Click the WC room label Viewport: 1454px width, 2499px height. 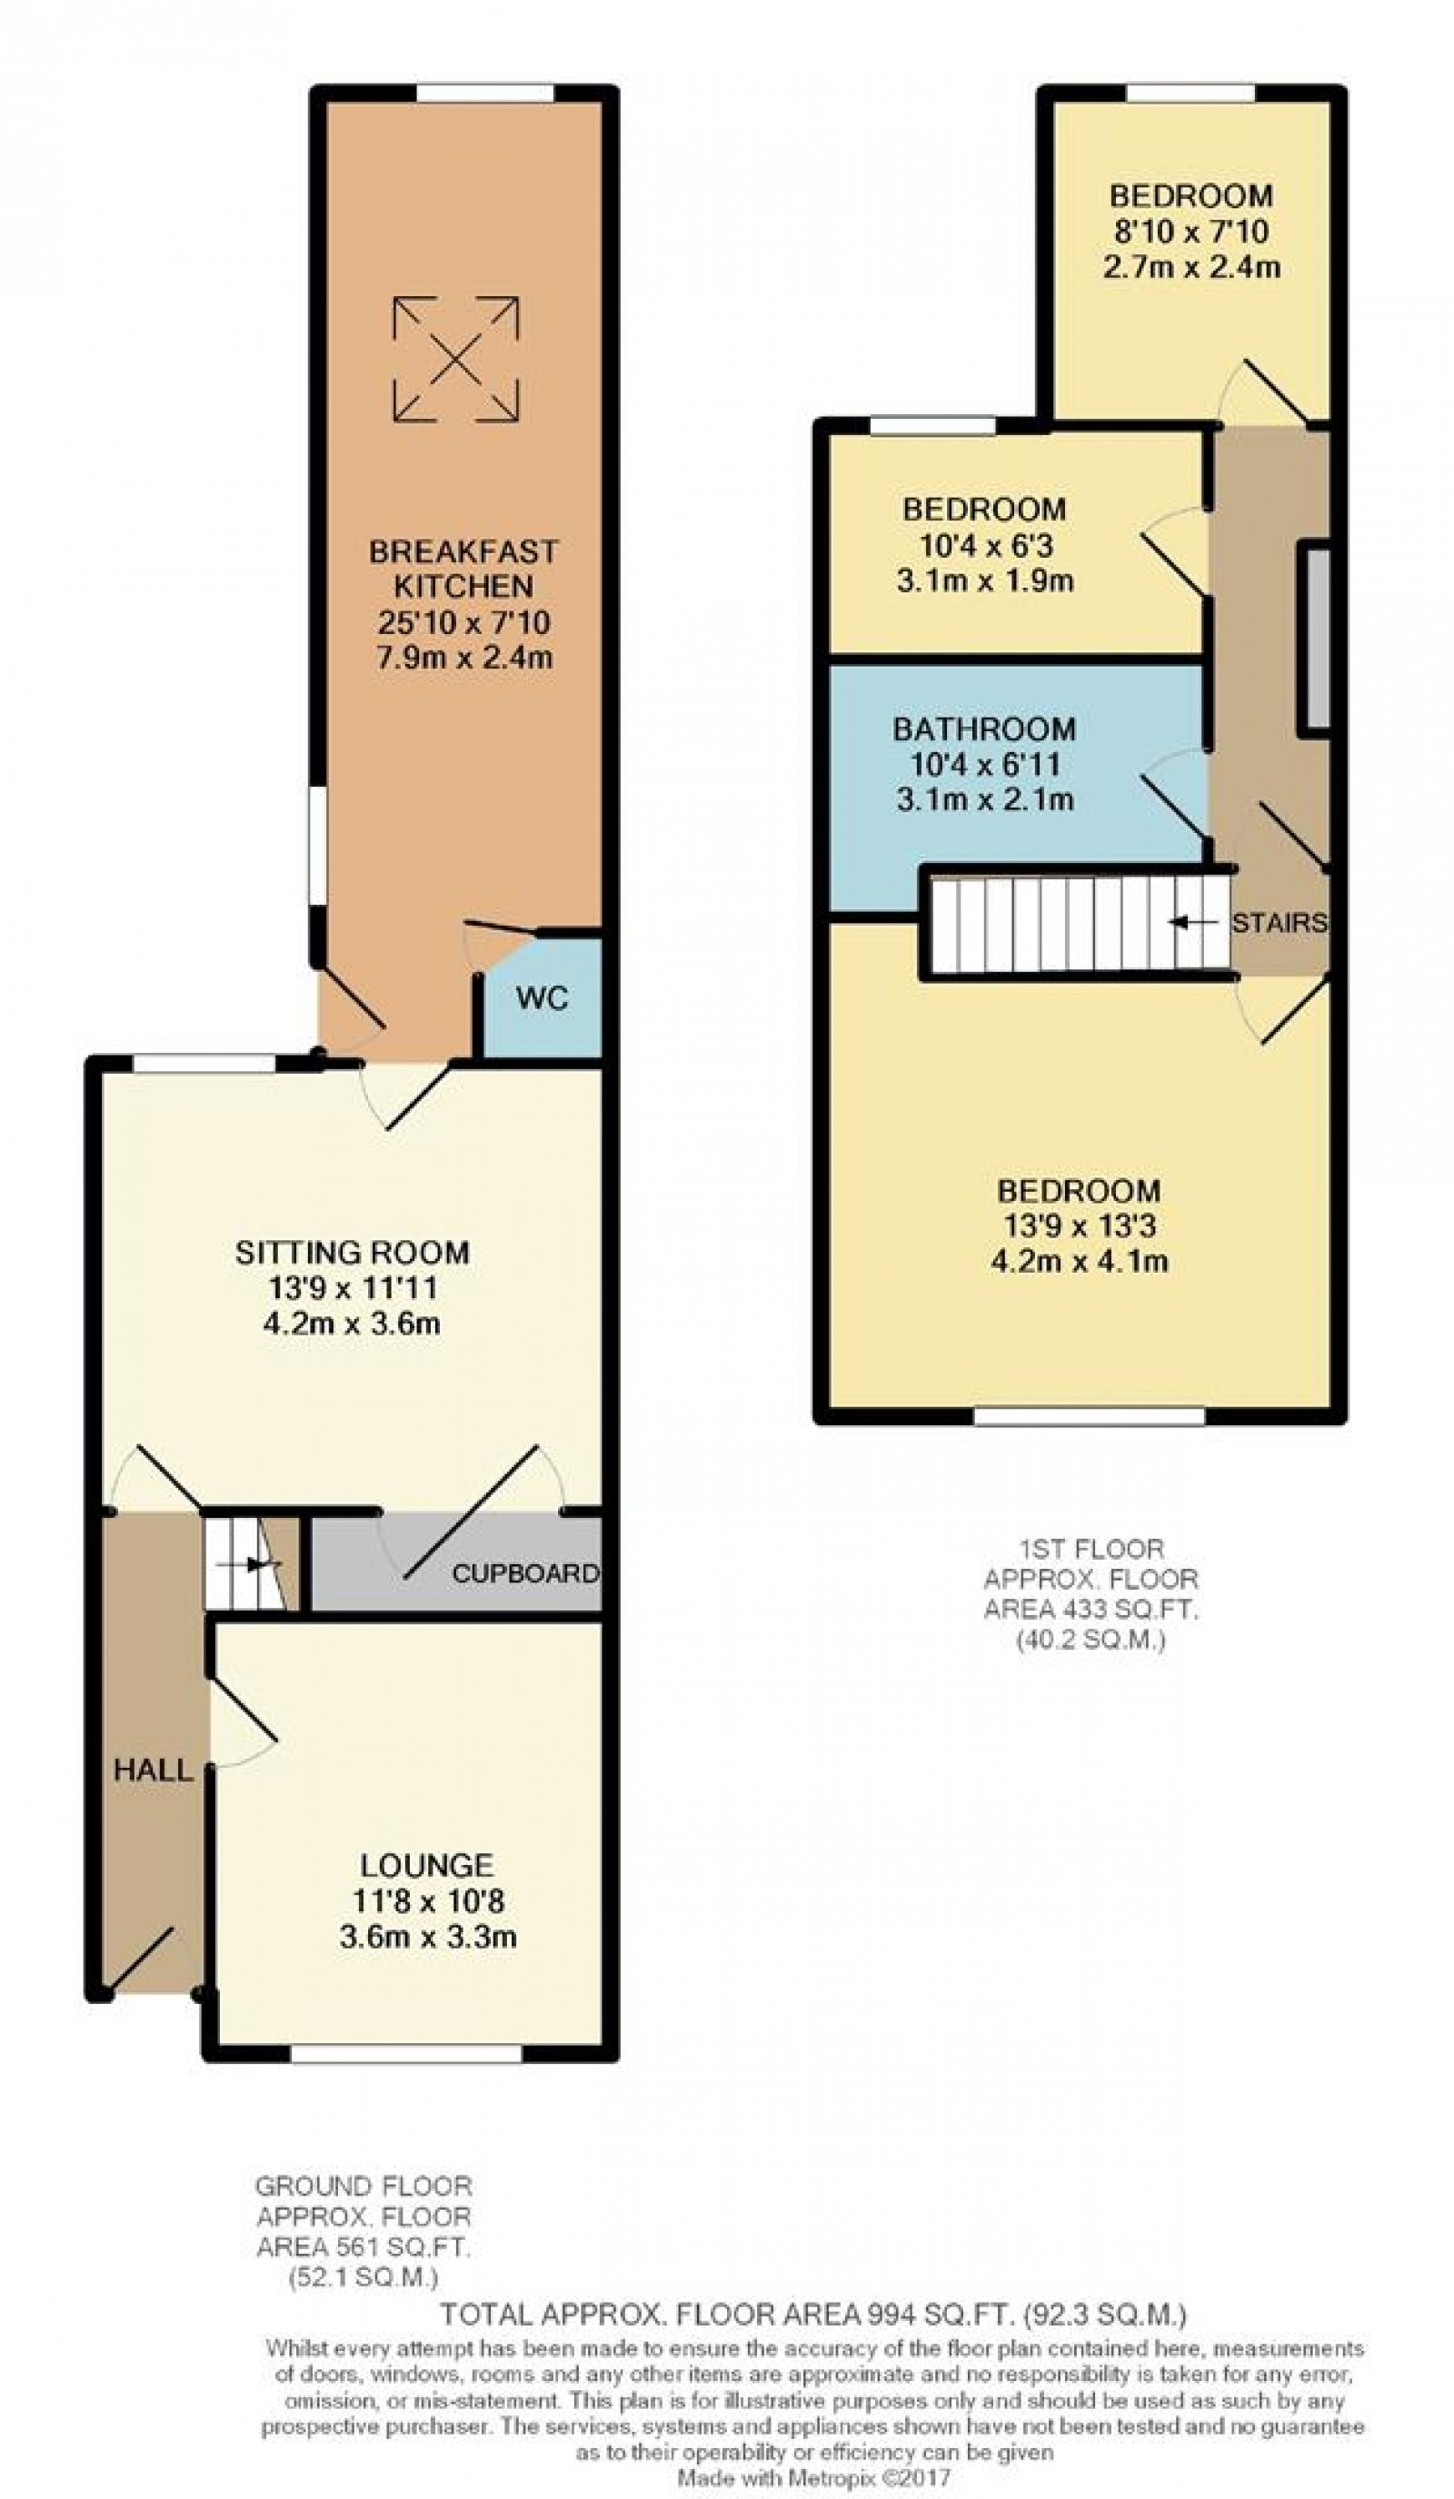tap(542, 997)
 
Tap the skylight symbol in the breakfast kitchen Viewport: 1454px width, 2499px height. tap(455, 358)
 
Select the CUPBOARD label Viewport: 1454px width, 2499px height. tap(524, 1572)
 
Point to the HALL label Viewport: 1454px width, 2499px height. tap(152, 1770)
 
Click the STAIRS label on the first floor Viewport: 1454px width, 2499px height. tap(1278, 922)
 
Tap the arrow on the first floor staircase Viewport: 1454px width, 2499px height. tap(1192, 922)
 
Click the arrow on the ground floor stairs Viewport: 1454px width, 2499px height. tap(257, 1565)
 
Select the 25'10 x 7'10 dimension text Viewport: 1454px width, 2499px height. tap(463, 621)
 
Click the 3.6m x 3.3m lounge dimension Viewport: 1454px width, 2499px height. tap(427, 1936)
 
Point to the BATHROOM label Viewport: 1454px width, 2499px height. tap(983, 729)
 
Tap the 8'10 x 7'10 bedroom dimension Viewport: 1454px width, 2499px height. tap(1190, 231)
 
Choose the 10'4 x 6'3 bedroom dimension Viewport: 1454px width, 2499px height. tap(984, 544)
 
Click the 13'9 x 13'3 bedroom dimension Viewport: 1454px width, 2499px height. tap(1079, 1225)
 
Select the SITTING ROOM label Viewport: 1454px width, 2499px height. tap(352, 1253)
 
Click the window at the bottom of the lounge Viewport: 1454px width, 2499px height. tap(406, 2053)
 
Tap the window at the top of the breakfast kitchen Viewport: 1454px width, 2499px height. tap(484, 93)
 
